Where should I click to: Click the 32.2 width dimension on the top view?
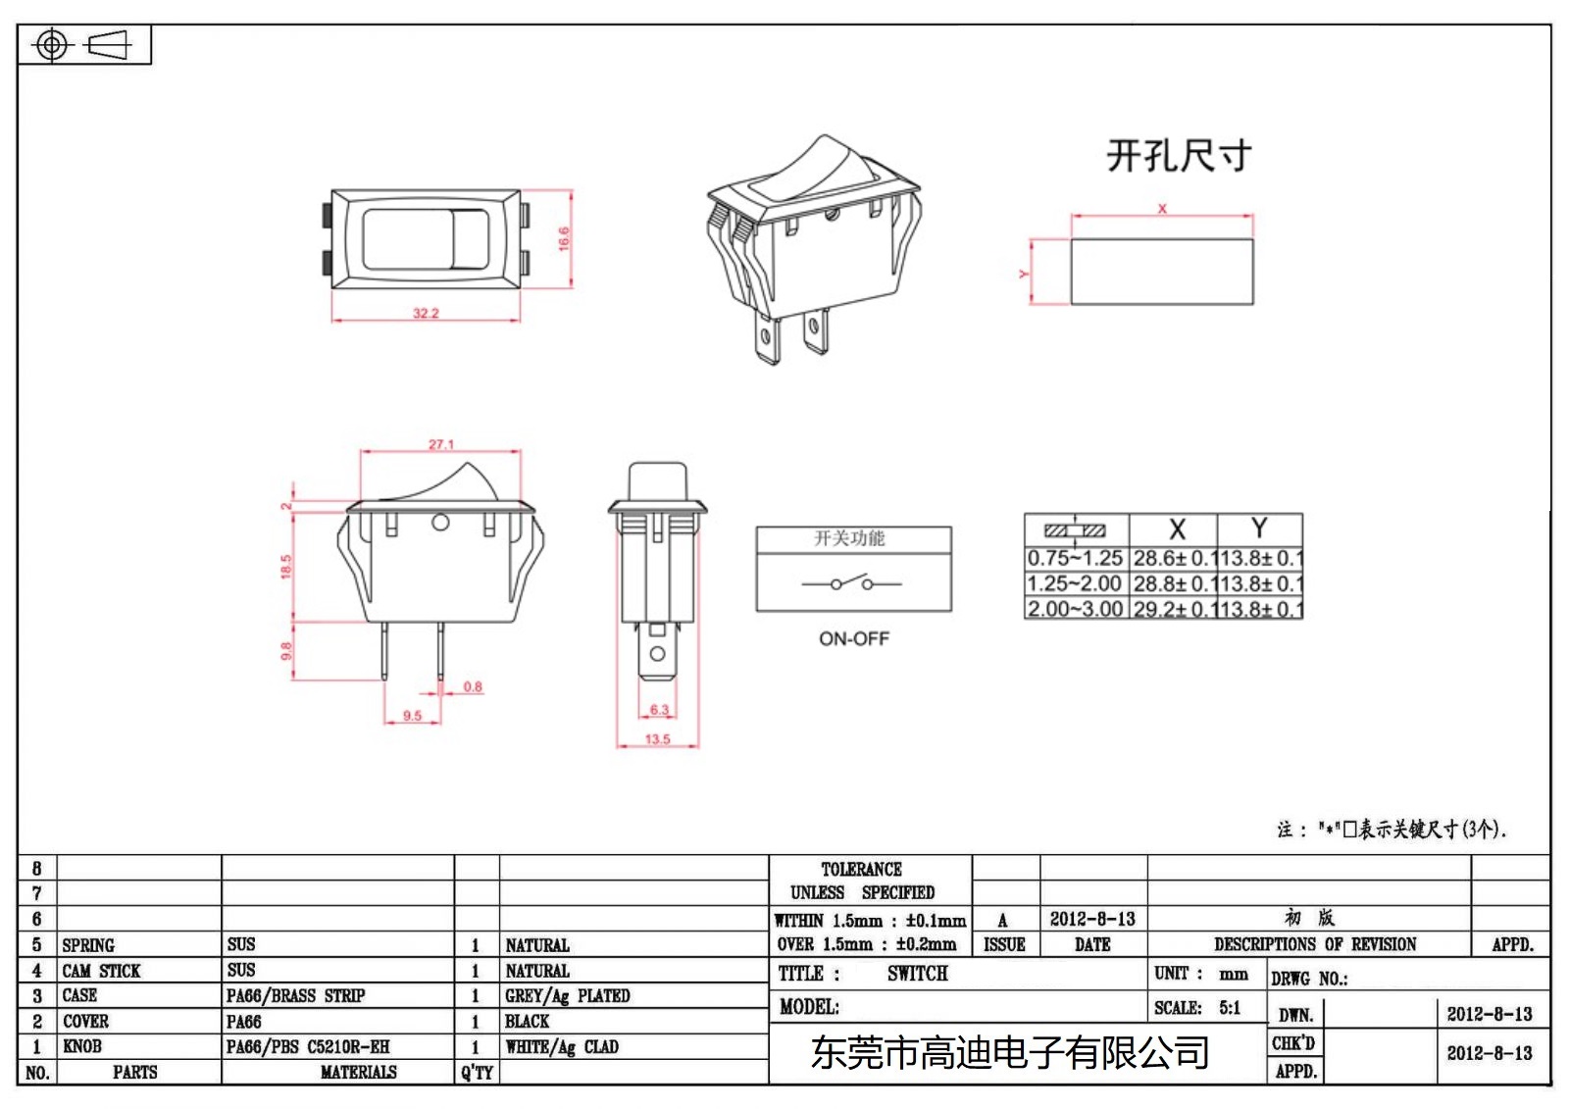426,313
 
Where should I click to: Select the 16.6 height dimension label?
564,238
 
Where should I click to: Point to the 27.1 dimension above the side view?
441,444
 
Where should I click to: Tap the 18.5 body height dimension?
286,566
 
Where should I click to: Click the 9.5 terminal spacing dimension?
412,716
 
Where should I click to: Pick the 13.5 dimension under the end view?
658,739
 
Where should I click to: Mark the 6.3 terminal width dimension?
659,710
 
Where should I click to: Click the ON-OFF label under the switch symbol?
854,638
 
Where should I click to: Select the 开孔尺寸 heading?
1179,156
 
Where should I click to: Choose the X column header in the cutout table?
1177,529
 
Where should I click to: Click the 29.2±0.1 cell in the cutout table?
1174,609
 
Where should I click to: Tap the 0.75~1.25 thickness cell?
1075,558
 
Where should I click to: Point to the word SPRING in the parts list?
88,945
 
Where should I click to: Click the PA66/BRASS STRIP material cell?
295,996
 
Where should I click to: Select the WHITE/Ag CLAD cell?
562,1047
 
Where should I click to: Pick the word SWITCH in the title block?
918,974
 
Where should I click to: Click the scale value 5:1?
1230,1008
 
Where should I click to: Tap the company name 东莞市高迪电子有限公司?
1010,1052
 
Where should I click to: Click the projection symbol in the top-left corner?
83,45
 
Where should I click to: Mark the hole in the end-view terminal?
658,653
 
